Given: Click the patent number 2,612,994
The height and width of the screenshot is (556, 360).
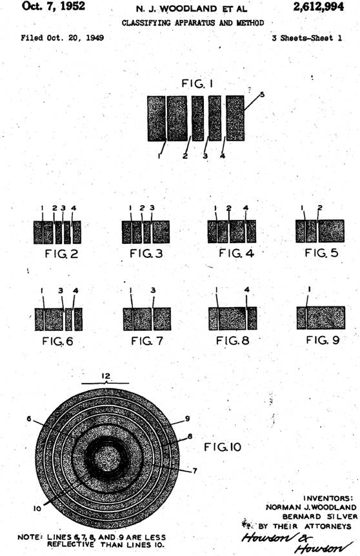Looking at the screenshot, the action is click(318, 6).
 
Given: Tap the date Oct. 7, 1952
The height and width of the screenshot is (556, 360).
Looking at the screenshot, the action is click(54, 6).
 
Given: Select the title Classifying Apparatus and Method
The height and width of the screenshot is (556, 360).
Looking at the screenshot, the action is click(193, 23).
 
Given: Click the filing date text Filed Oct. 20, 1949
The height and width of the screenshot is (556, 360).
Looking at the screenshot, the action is click(63, 37).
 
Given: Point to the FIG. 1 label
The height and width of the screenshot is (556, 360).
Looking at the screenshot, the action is click(197, 83).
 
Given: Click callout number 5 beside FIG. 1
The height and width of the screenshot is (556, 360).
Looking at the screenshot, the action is click(262, 94).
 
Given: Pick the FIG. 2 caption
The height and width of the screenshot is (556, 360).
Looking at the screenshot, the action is click(61, 254).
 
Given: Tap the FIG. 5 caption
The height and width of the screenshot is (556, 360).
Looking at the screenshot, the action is click(321, 253).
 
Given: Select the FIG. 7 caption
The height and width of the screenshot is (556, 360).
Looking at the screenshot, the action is click(147, 341).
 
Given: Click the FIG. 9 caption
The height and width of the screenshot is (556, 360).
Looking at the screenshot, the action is click(323, 340).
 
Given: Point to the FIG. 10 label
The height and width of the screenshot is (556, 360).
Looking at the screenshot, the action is click(223, 447).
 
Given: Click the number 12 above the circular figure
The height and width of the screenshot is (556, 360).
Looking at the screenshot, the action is click(106, 376).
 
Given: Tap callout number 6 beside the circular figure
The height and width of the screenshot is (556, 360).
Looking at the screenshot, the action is click(29, 419).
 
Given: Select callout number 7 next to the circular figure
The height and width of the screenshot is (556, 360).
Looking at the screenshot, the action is click(194, 471).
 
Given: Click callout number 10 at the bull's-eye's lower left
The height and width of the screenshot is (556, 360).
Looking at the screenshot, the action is click(37, 508).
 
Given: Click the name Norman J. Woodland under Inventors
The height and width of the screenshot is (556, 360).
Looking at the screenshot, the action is click(311, 508).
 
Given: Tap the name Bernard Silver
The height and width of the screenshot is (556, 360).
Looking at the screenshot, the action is click(319, 517).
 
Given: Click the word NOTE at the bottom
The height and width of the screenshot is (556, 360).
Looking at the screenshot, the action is click(30, 537).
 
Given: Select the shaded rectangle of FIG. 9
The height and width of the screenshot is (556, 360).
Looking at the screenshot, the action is click(321, 318).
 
